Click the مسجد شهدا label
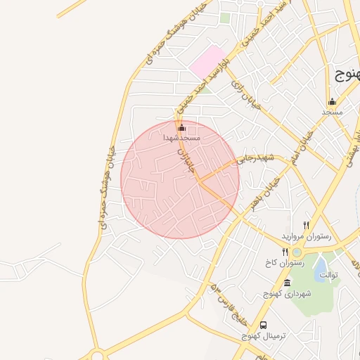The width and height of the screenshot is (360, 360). pyautogui.click(x=182, y=139)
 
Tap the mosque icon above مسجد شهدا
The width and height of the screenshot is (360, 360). pyautogui.click(x=182, y=128)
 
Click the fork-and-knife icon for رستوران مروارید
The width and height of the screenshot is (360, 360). pyautogui.click(x=306, y=225)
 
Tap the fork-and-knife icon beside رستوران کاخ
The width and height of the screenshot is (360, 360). pyautogui.click(x=285, y=252)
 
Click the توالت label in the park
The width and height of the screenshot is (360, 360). pyautogui.click(x=329, y=274)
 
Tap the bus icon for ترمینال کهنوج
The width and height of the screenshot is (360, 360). pyautogui.click(x=264, y=326)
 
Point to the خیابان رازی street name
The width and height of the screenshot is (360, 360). pyautogui.click(x=245, y=95)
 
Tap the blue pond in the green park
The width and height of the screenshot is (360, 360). pyautogui.click(x=320, y=266)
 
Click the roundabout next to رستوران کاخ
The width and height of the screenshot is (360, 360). pyautogui.click(x=297, y=252)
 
